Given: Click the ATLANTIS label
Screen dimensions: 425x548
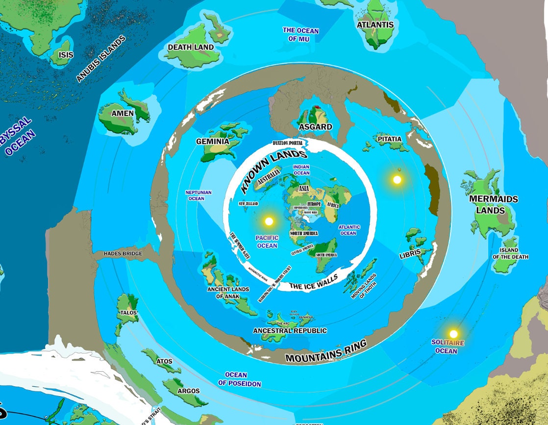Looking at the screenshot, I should coord(375,24).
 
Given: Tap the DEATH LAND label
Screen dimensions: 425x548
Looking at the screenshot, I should coord(191,47).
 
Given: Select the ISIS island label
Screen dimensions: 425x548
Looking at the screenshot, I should coord(66,55).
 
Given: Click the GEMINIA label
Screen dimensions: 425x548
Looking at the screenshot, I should coord(213,142).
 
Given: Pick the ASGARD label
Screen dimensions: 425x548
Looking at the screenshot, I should coord(315,127).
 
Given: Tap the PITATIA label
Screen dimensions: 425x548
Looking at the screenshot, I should coord(390,139).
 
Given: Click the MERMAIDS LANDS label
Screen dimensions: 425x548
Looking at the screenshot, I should coord(493,205).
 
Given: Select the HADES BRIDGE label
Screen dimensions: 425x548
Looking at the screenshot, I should coord(123,254).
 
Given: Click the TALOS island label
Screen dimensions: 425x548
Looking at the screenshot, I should coord(128,312).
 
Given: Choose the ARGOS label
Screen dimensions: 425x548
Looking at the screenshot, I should coord(188,391).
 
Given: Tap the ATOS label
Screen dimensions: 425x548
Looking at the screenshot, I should coord(164,361).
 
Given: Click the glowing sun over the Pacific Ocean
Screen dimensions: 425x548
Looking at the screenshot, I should coord(269,221).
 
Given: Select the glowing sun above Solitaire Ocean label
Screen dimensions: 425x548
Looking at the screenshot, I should coord(453,334).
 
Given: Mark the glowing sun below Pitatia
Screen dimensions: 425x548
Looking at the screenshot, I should coord(397,180).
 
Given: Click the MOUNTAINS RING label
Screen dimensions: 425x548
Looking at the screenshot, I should coord(325,352).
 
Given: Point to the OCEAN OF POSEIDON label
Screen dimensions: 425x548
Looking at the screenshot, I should coord(240,379).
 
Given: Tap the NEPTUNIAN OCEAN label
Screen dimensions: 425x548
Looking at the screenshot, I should coord(199,195).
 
